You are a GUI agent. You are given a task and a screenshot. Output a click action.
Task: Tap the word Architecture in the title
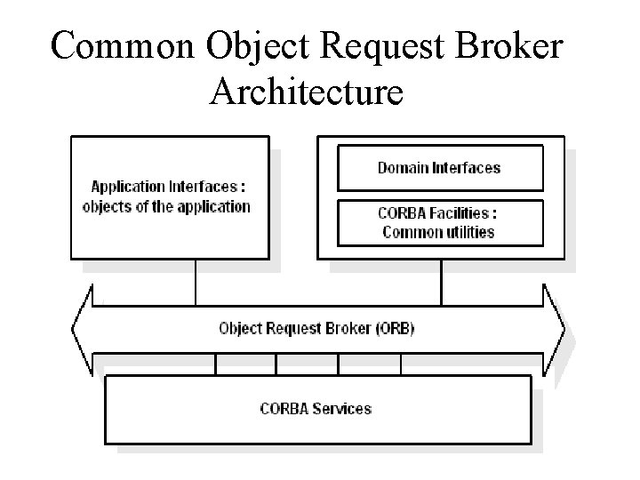pos(307,91)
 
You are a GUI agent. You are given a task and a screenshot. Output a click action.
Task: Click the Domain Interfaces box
pos(440,168)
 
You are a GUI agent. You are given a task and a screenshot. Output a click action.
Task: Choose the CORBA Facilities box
pos(440,222)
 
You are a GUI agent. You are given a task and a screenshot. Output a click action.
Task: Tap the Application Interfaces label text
pos(168,187)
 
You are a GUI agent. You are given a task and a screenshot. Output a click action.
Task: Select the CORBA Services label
pos(316,409)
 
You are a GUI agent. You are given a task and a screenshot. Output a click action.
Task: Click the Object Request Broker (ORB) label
pos(316,328)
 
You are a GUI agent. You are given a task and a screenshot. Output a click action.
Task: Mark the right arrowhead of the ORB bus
pos(556,328)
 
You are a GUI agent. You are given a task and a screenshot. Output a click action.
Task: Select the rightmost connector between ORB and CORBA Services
pos(401,364)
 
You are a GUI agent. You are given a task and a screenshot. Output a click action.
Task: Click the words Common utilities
pos(438,232)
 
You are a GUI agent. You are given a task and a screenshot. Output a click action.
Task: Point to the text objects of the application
pos(166,206)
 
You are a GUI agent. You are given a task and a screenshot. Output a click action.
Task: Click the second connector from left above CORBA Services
pos(276,364)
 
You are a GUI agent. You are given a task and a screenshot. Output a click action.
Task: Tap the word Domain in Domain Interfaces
pos(404,167)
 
